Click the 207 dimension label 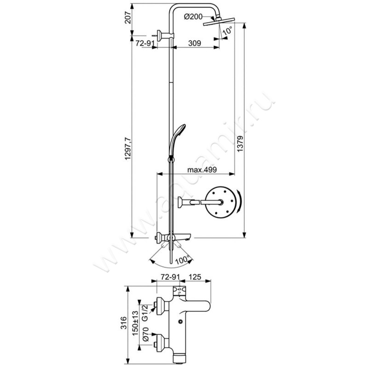coord(128,17)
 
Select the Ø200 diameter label coord(193,17)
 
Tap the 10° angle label coord(227,30)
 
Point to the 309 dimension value coord(195,43)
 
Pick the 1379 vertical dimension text coord(240,144)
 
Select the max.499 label coord(202,169)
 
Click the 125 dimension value coord(195,277)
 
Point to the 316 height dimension coord(124,323)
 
